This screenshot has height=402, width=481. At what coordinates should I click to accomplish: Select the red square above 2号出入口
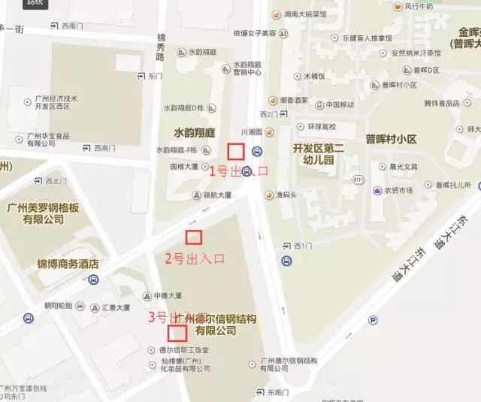click(195, 237)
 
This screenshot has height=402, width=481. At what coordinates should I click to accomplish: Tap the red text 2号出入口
click(195, 259)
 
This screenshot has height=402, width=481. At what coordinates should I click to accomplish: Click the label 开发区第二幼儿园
click(318, 154)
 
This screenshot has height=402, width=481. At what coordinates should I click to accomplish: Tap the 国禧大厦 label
click(183, 166)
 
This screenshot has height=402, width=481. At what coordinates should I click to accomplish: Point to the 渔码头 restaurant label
click(285, 195)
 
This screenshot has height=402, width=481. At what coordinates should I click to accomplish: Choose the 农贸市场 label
click(399, 190)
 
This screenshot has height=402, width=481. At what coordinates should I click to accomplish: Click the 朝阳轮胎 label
click(58, 306)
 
